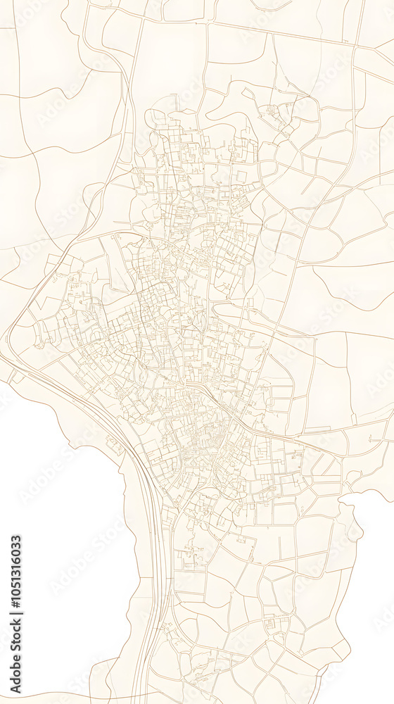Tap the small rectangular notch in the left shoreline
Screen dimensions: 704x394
tap(113, 444)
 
